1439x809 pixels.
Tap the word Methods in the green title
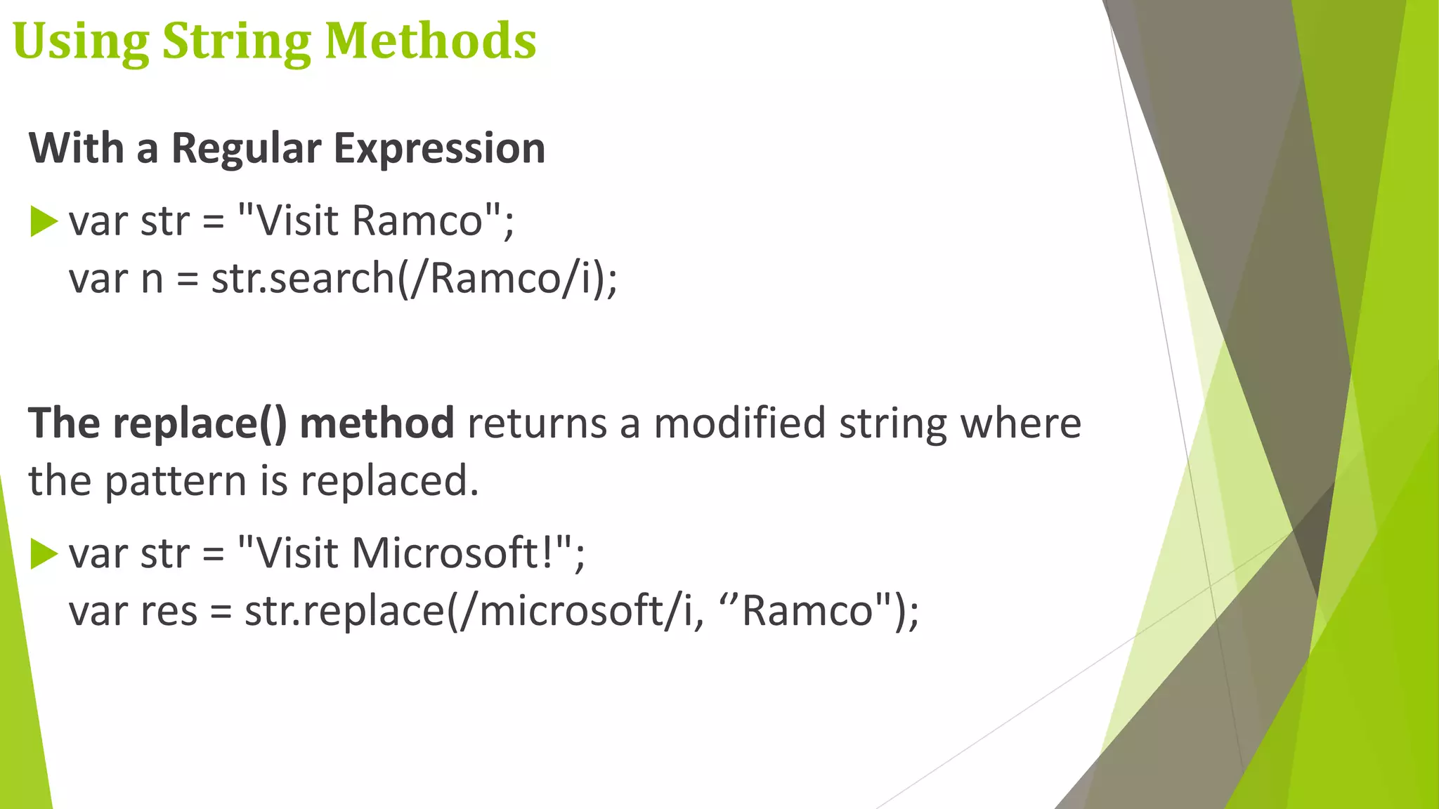tap(430, 41)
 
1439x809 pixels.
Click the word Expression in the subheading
tap(439, 149)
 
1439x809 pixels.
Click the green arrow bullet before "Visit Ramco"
tap(44, 222)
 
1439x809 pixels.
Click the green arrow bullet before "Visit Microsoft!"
tap(44, 554)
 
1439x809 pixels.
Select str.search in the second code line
tap(304, 278)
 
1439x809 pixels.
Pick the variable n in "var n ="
tap(152, 279)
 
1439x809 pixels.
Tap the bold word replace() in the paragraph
tap(200, 423)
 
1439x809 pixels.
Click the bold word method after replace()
tap(377, 423)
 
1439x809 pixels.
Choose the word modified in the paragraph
tap(739, 423)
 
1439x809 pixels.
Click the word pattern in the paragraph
tap(176, 482)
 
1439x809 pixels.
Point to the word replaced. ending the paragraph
tap(389, 482)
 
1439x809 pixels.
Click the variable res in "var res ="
tap(169, 611)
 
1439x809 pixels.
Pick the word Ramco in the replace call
tap(807, 611)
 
